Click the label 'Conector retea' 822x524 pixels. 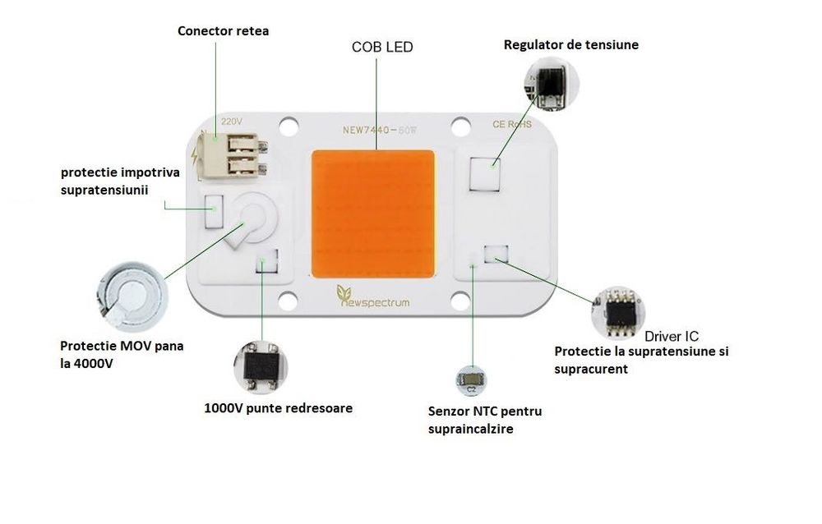224,31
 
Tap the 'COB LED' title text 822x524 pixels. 383,48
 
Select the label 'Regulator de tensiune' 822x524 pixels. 571,44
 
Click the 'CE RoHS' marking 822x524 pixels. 512,125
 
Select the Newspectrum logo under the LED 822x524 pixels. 373,301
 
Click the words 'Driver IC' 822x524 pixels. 672,336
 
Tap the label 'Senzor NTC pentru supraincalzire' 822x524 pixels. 485,420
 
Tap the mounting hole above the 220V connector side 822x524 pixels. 288,126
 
